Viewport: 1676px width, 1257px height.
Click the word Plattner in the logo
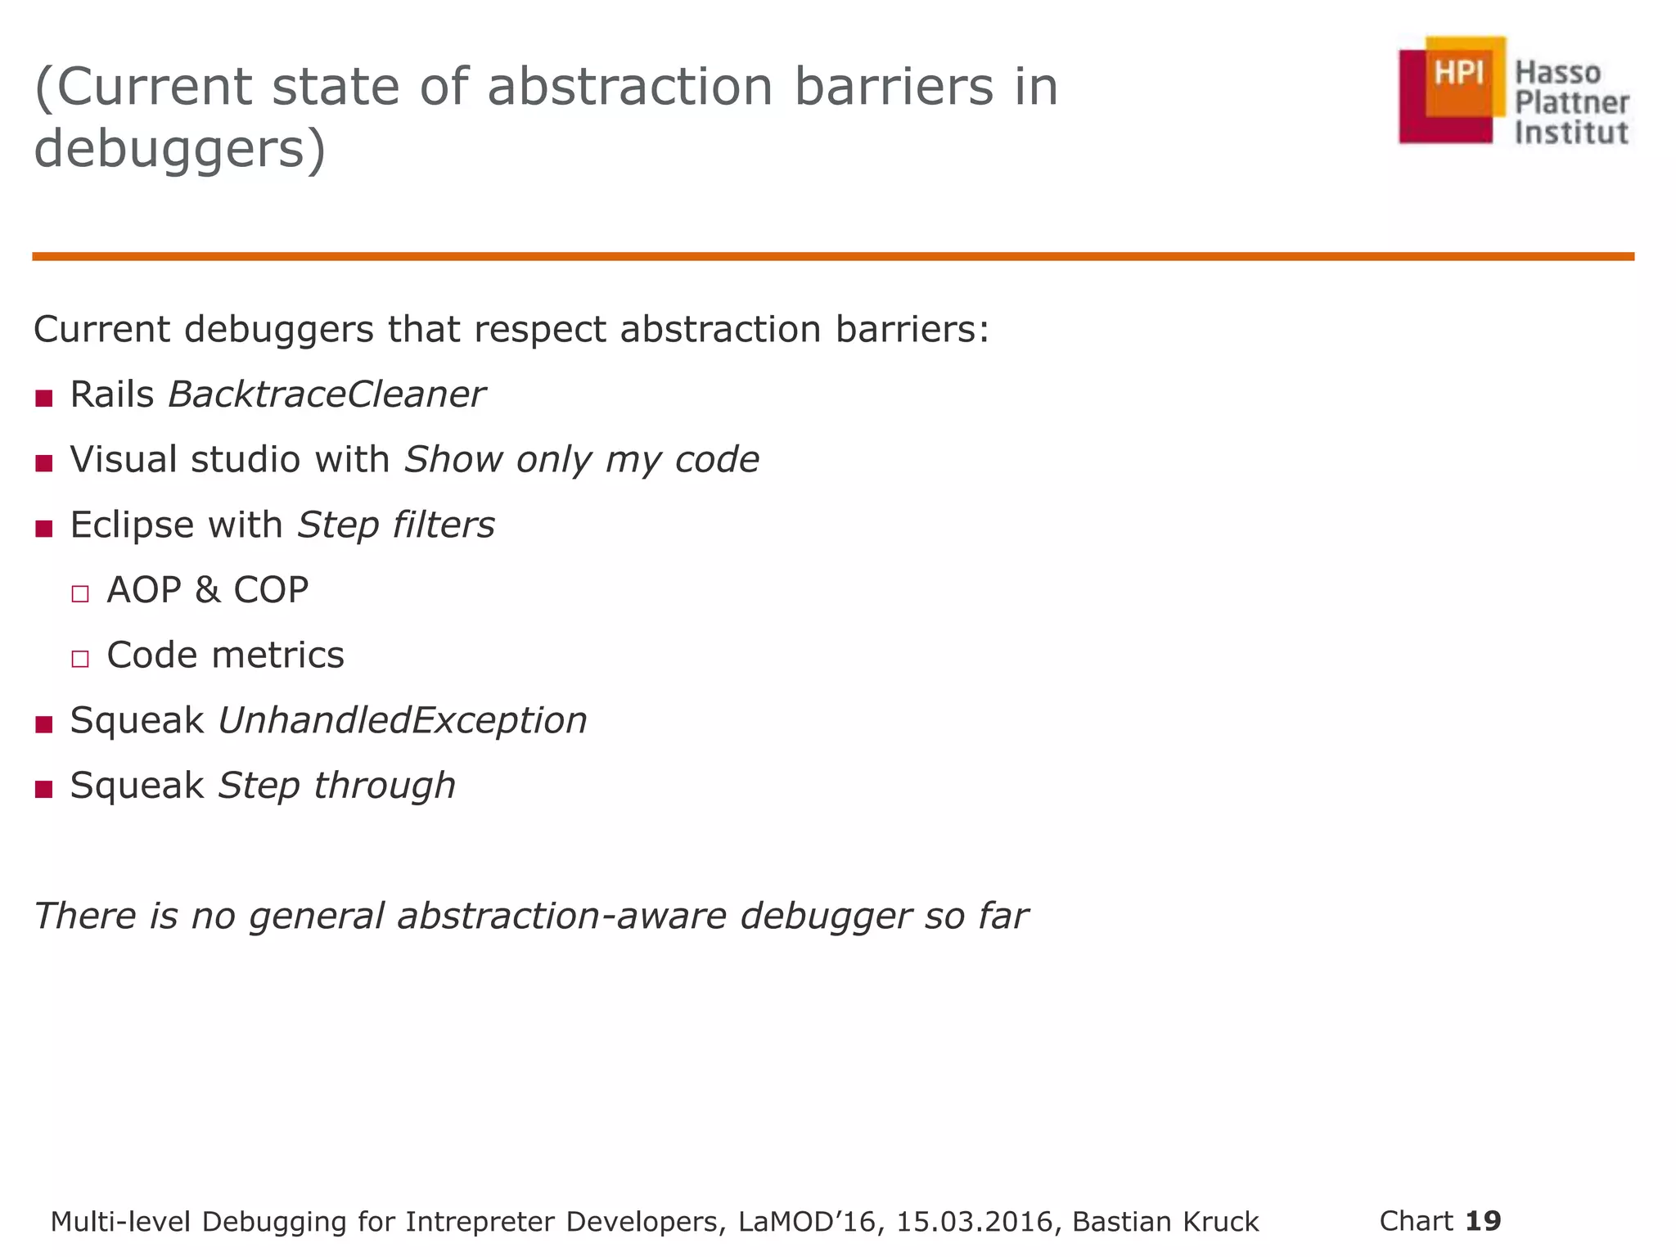[1571, 103]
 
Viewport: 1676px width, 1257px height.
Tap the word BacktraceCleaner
[326, 395]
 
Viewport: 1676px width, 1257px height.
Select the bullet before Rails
[44, 399]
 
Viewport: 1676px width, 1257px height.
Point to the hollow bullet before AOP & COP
[79, 593]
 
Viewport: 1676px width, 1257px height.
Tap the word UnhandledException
[402, 721]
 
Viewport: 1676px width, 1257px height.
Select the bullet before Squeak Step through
[44, 789]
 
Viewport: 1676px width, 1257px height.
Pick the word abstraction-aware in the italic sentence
[561, 917]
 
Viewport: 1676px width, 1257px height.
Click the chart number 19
[1483, 1221]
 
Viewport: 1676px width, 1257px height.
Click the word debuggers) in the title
[180, 151]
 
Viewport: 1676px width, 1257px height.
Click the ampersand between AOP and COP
[207, 590]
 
